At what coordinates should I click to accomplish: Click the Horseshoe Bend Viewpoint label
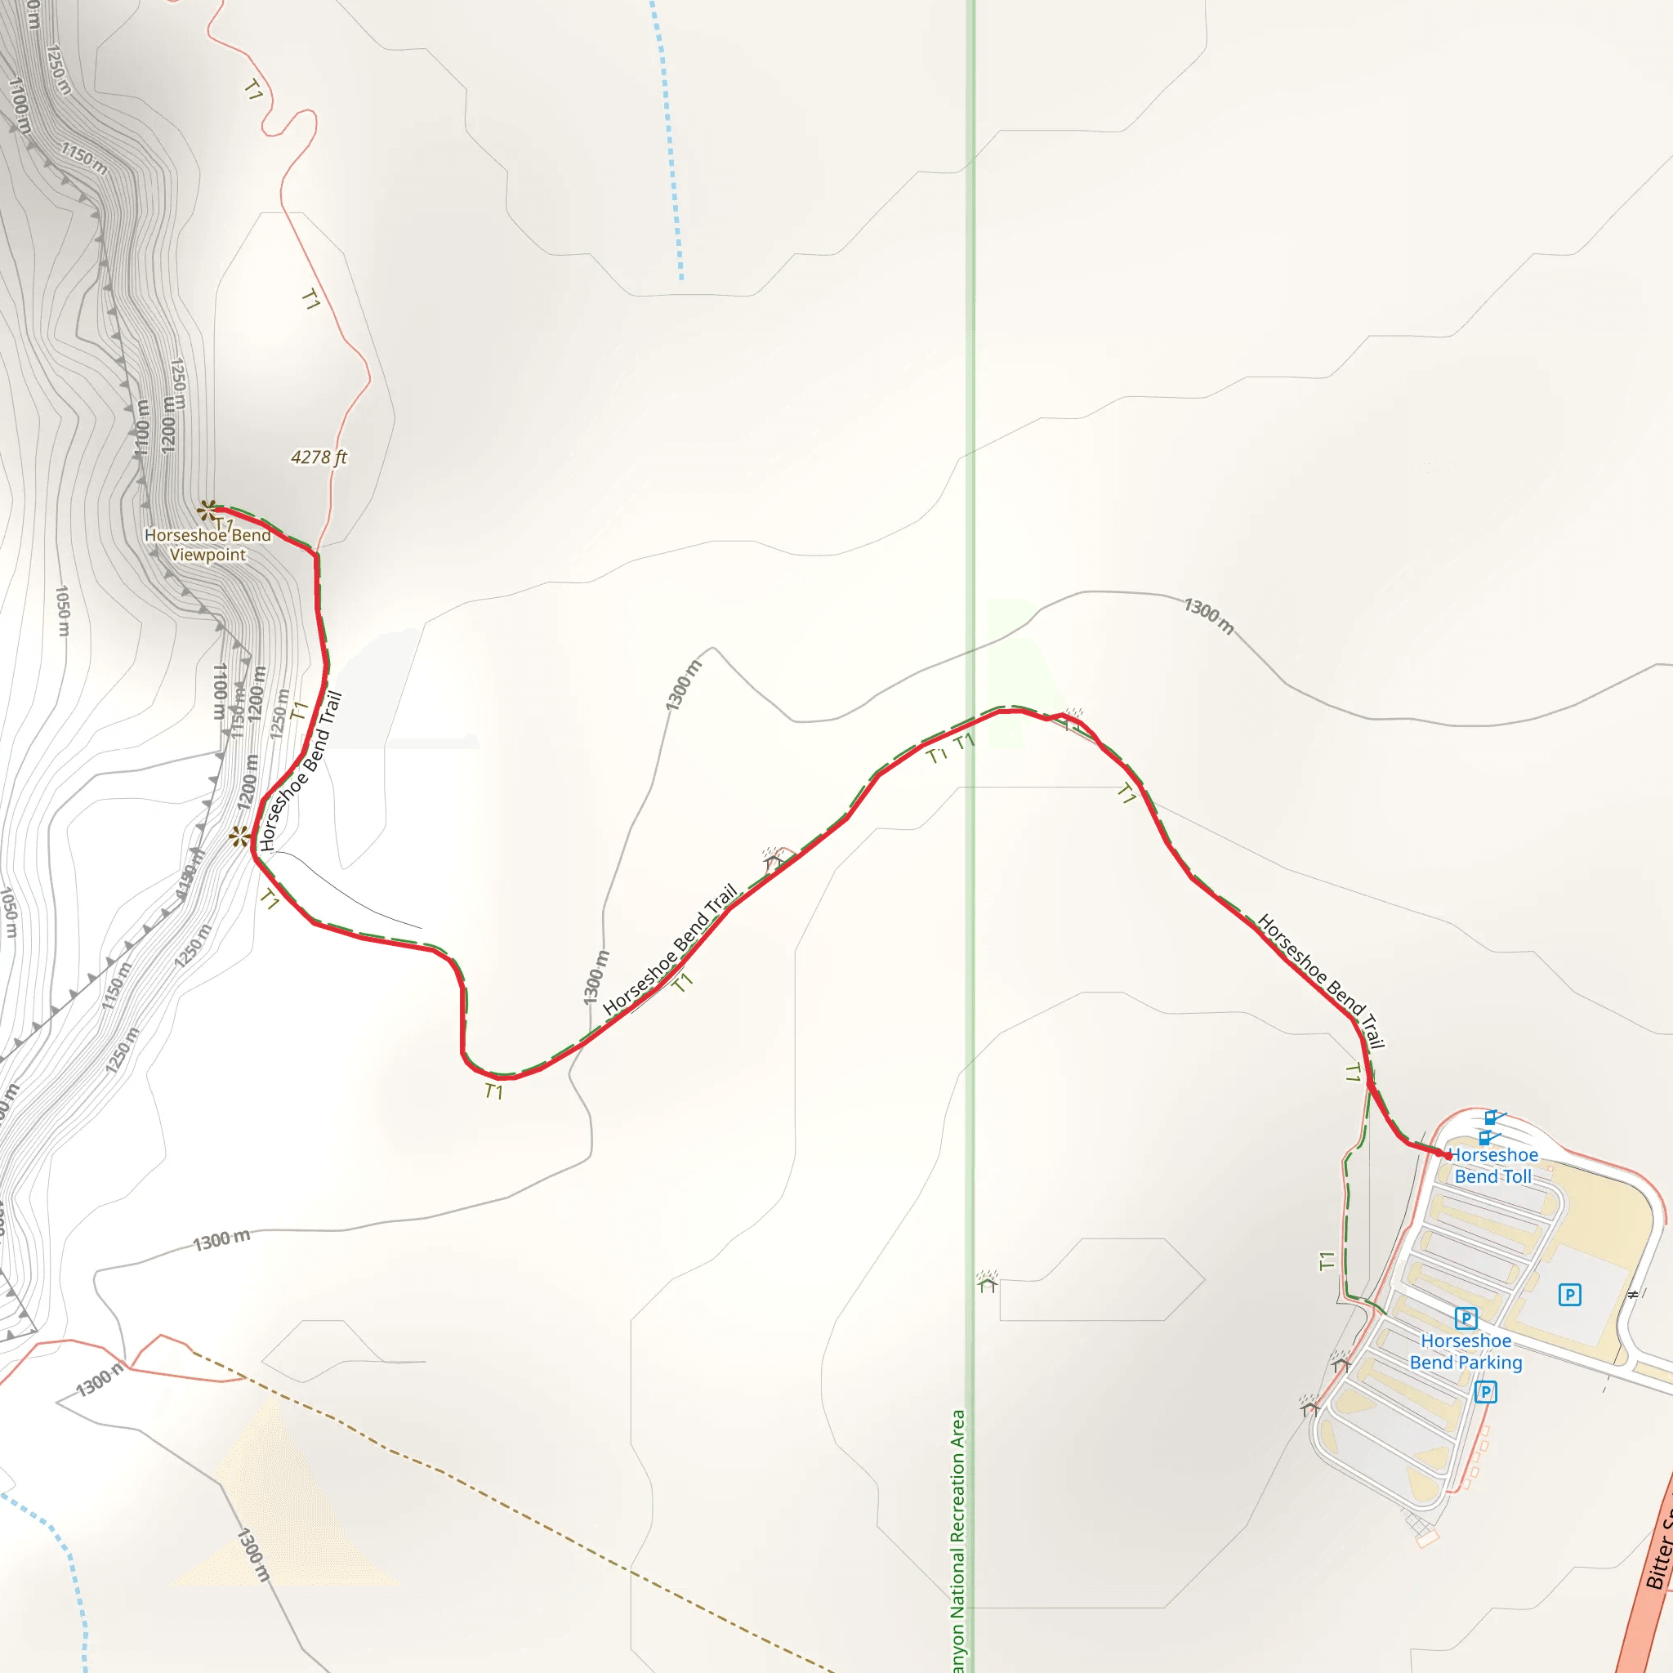point(207,545)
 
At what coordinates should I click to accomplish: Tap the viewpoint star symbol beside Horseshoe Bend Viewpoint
point(207,510)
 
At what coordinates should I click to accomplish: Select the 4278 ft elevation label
point(319,457)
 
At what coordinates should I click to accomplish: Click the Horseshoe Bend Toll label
point(1493,1166)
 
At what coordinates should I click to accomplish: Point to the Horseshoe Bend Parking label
point(1466,1352)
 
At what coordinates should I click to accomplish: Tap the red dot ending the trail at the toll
point(1448,1155)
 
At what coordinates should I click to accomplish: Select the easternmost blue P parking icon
point(1570,1295)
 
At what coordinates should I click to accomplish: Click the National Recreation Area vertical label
point(957,1541)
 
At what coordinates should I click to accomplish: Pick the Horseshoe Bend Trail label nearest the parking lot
point(1322,981)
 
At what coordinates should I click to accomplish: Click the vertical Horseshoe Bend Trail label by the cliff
point(301,770)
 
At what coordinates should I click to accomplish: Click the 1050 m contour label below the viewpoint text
point(62,610)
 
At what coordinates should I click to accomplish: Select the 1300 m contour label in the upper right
point(1209,615)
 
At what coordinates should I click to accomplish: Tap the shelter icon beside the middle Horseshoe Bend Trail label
point(774,859)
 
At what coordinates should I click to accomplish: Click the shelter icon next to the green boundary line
point(987,1281)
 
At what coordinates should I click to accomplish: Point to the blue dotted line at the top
point(667,139)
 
